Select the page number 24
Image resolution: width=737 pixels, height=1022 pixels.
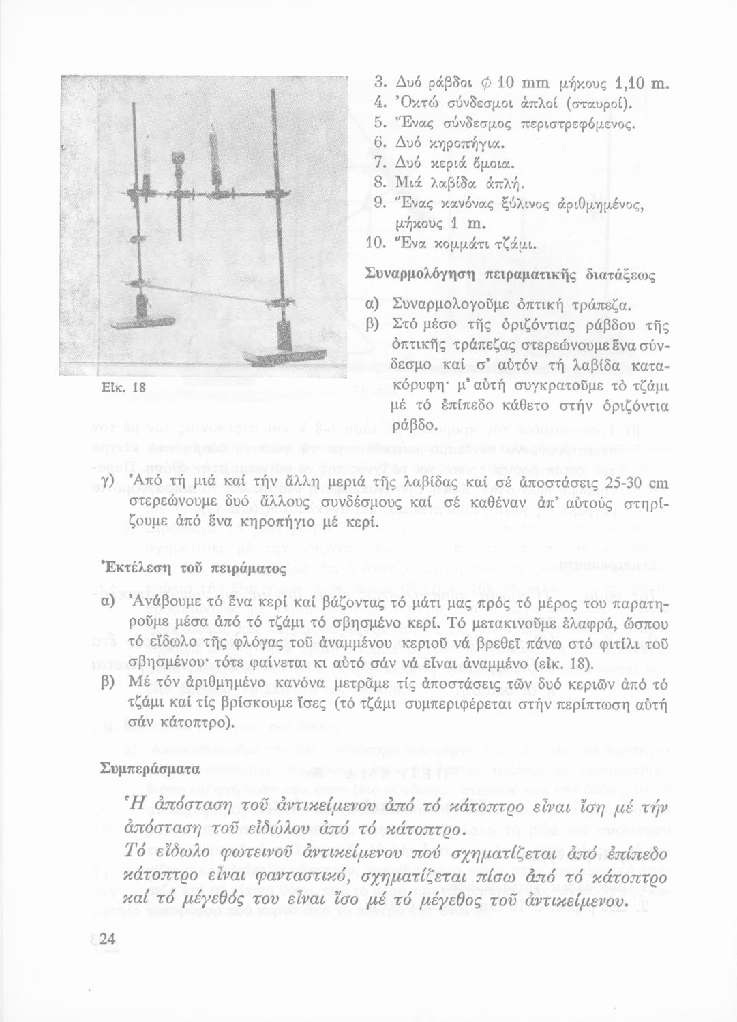[105, 940]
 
